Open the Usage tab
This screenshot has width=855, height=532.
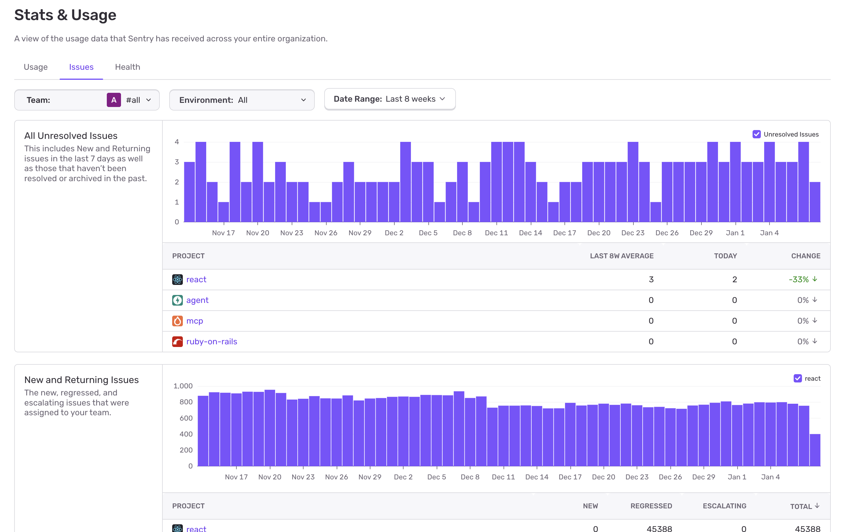point(36,67)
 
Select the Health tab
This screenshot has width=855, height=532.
point(128,67)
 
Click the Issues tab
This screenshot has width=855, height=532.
point(81,67)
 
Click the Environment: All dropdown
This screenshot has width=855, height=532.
point(242,100)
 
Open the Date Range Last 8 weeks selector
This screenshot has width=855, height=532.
point(389,99)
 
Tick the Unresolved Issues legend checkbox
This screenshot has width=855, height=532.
point(756,134)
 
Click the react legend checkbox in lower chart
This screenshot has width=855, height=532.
point(798,378)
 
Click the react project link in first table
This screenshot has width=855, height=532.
point(196,279)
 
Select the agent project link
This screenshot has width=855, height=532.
point(197,300)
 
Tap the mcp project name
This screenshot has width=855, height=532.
point(194,321)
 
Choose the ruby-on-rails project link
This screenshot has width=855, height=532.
point(212,342)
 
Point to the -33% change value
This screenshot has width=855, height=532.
point(799,279)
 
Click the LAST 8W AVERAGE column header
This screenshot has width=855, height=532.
point(622,256)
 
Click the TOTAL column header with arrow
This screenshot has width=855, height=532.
point(804,506)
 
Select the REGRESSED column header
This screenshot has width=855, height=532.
point(651,506)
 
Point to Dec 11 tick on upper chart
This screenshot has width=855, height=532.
point(496,233)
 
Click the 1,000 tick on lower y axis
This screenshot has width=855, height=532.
point(183,386)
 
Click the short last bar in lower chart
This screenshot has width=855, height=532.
point(815,450)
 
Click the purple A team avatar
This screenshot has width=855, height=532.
point(114,100)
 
